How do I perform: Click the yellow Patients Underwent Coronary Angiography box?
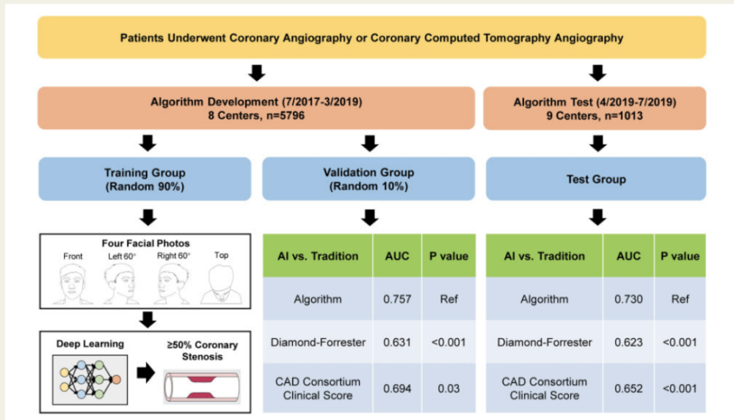click(371, 37)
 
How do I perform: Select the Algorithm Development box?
click(256, 108)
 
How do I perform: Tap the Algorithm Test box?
click(595, 108)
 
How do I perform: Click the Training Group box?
click(145, 179)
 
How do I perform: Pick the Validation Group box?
click(368, 179)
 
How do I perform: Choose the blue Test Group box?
click(596, 179)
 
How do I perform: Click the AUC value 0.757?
click(397, 299)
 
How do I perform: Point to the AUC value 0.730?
click(628, 299)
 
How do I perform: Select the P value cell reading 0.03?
click(448, 388)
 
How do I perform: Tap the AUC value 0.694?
click(397, 388)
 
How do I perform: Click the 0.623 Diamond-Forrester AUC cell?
click(628, 342)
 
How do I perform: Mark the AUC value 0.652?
click(628, 388)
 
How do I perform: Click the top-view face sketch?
click(222, 284)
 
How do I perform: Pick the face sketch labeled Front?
click(73, 284)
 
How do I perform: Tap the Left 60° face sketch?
click(121, 284)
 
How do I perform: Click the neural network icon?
click(90, 379)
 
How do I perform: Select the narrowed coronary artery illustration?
click(202, 387)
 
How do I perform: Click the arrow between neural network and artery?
click(146, 373)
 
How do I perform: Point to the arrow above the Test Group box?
click(597, 143)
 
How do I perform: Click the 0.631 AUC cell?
click(397, 342)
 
